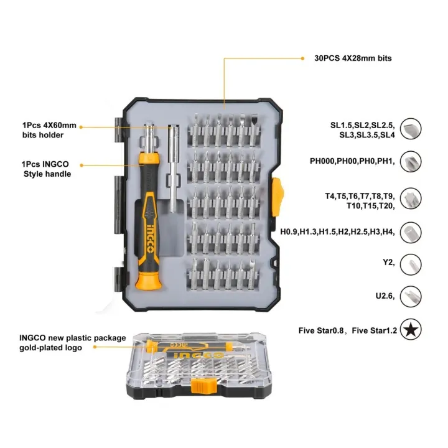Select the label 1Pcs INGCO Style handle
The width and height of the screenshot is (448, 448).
click(x=47, y=169)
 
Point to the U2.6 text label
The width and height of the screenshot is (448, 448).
click(x=383, y=296)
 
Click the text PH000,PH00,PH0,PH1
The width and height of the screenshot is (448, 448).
click(x=352, y=161)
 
